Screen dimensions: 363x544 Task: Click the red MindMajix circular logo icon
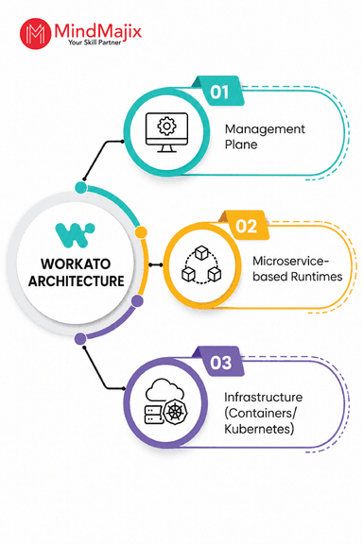coord(35,33)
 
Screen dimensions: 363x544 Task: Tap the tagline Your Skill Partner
coord(95,42)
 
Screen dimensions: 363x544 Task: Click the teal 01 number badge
coord(219,92)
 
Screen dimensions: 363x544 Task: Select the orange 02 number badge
coord(246,226)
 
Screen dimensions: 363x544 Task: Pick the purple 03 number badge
coord(220,363)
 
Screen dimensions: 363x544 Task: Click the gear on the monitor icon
coord(166,126)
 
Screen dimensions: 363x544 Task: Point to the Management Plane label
coord(265,137)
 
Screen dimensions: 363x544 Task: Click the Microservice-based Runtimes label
coord(298,269)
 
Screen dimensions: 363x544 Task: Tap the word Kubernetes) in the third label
coord(259,429)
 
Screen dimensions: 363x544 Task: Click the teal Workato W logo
coord(75,235)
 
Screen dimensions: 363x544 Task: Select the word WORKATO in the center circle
coord(76,264)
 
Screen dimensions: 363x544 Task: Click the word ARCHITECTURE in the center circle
coord(76,281)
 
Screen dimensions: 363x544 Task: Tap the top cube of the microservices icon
coord(201,252)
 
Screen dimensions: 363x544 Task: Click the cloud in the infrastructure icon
coord(164,390)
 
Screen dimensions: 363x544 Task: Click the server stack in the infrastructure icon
coord(153,415)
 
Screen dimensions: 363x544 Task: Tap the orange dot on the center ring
coord(141,232)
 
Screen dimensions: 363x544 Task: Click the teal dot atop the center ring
coord(81,187)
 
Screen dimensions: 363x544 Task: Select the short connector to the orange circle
coord(156,265)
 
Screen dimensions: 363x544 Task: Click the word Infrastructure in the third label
coord(264,398)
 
